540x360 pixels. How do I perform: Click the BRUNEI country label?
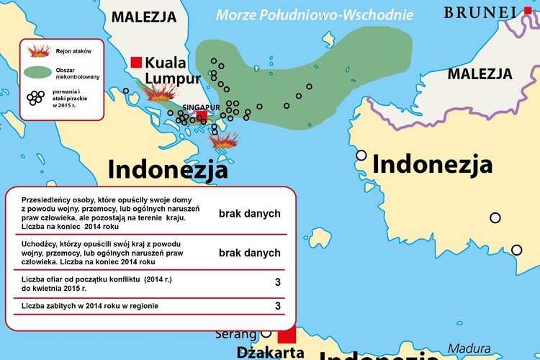coord(480,12)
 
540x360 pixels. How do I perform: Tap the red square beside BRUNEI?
coord(527,10)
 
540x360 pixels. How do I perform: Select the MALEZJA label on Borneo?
coord(480,73)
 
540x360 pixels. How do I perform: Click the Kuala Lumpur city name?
coord(173,71)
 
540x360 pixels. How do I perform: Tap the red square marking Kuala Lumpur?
coord(136,63)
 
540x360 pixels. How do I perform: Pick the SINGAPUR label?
coord(201,107)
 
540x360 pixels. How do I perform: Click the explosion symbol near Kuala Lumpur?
coord(161,94)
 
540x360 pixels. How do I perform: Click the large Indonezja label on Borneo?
coord(433,165)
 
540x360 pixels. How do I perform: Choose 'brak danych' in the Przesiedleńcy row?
coord(249,214)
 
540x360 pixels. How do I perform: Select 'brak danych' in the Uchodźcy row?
coord(249,253)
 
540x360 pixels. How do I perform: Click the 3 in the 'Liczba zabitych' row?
coord(278,306)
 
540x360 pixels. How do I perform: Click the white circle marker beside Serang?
coord(266,334)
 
